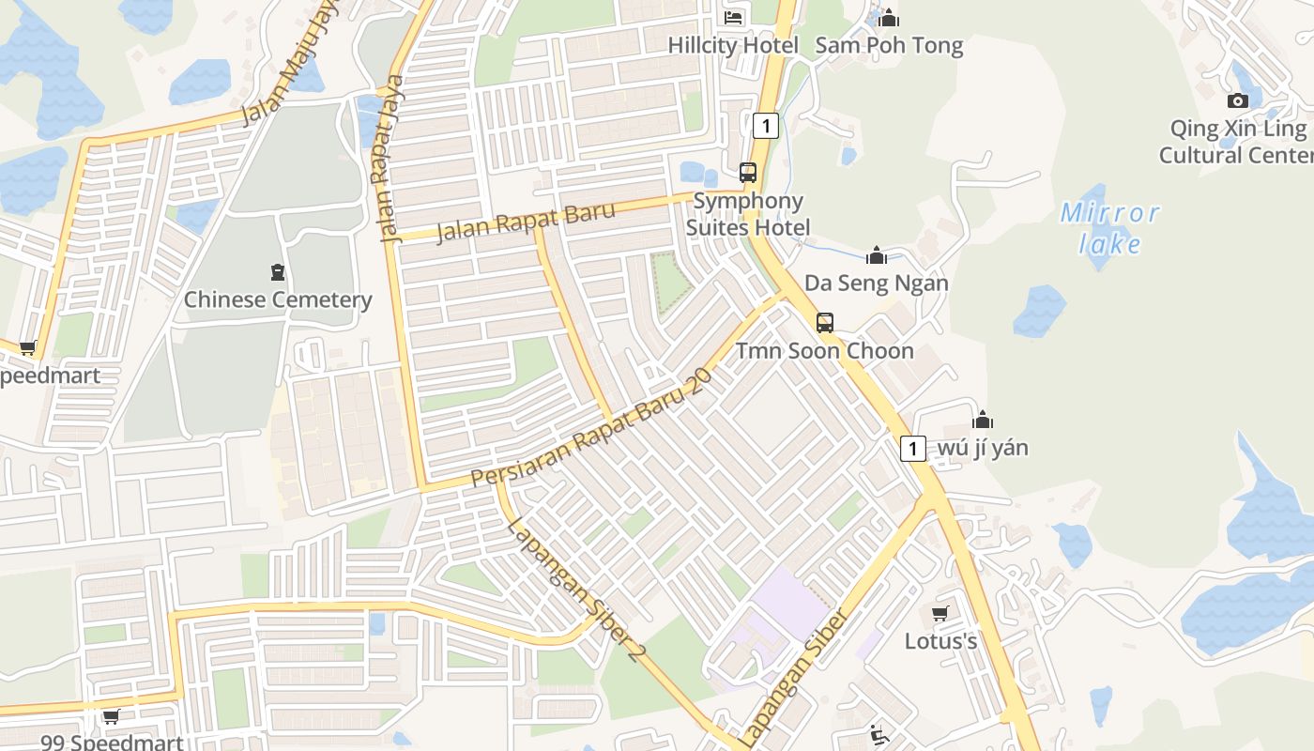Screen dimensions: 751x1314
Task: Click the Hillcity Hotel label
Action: [x=733, y=45]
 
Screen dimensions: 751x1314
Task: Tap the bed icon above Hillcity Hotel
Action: [x=733, y=17]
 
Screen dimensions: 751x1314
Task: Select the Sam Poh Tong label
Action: [x=889, y=45]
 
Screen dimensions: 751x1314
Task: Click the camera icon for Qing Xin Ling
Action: [x=1238, y=100]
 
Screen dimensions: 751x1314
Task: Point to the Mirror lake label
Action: [x=1110, y=228]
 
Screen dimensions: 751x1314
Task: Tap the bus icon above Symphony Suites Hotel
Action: [x=748, y=173]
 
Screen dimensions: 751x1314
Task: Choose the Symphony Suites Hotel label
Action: [x=748, y=214]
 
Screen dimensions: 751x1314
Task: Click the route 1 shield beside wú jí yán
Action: [x=913, y=448]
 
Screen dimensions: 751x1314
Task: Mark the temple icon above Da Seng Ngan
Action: [x=877, y=255]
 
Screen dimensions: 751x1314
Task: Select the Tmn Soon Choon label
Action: [x=824, y=351]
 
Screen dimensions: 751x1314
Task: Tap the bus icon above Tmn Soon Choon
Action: [x=824, y=323]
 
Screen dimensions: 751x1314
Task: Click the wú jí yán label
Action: [x=983, y=448]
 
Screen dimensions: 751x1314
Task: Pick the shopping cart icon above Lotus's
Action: [x=940, y=614]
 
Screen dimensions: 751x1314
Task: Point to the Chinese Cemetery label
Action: [x=278, y=300]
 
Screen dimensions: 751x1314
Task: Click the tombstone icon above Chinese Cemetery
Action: [x=278, y=272]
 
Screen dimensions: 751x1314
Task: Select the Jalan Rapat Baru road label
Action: [x=527, y=222]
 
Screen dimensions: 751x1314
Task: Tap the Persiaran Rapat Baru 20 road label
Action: [x=591, y=428]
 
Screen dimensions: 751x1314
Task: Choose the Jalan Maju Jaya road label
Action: [x=290, y=64]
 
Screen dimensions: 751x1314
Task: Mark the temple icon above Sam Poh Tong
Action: [x=889, y=18]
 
